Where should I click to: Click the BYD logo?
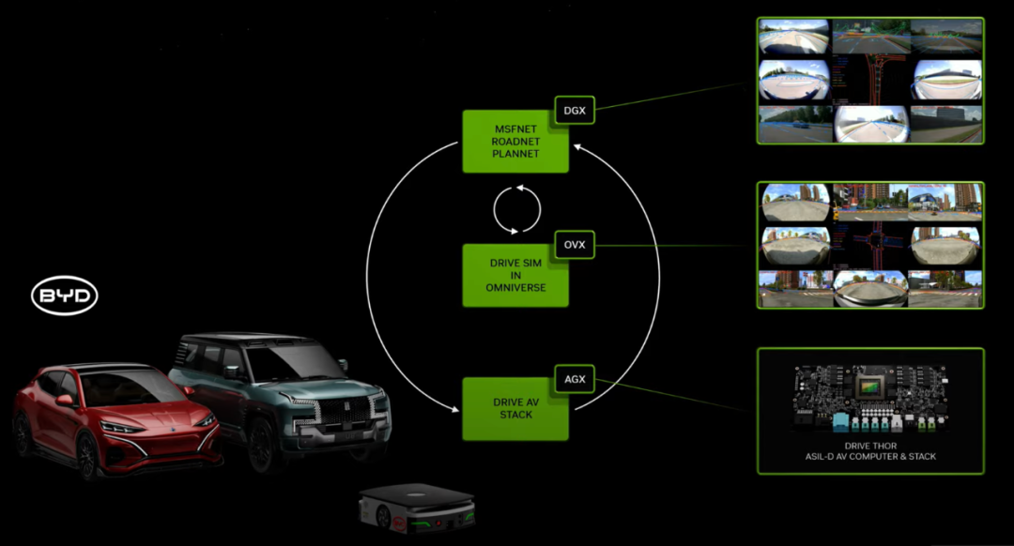[x=65, y=297]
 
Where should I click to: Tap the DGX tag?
[x=574, y=111]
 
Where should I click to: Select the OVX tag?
[x=574, y=245]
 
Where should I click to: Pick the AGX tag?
[x=574, y=379]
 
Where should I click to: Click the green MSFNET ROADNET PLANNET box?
[x=515, y=142]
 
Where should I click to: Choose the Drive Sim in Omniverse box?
[x=515, y=276]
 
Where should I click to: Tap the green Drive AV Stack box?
[x=515, y=409]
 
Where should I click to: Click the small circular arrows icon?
[x=516, y=208]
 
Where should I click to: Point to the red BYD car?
[x=113, y=417]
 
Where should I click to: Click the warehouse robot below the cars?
[x=416, y=508]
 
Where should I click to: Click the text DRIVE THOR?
[x=870, y=447]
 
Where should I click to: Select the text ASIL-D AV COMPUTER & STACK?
[x=870, y=457]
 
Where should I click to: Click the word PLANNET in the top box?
[x=515, y=153]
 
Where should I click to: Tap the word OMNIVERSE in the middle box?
[x=515, y=287]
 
